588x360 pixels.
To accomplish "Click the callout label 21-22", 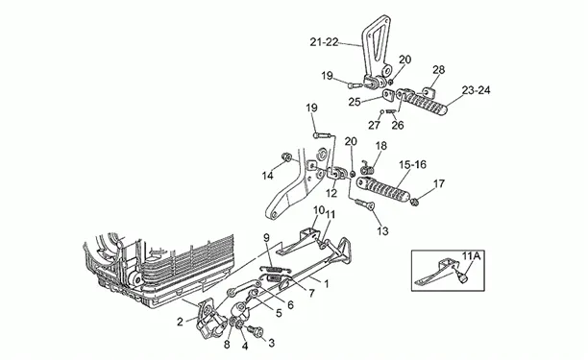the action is (x=325, y=42).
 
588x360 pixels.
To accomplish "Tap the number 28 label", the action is (x=439, y=70).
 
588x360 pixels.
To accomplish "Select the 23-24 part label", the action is (x=477, y=90).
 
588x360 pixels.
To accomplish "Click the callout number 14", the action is (x=268, y=176).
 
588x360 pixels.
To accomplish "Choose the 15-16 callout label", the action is (x=413, y=164).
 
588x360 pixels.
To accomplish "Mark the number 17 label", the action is (x=439, y=184).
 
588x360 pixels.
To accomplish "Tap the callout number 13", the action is (x=383, y=231).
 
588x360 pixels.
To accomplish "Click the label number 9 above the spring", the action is (x=267, y=237).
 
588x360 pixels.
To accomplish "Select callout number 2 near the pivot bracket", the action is (x=180, y=322).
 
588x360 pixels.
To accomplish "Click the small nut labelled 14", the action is (x=286, y=156).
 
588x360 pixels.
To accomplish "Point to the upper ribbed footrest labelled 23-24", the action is (x=423, y=102).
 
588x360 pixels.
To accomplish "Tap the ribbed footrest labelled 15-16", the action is (x=383, y=190).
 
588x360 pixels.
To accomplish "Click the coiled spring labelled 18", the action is (x=367, y=168).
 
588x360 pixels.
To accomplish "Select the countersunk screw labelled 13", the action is (x=364, y=203).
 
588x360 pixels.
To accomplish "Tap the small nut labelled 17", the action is (x=414, y=203).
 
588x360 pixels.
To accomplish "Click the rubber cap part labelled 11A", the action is (x=464, y=277).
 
